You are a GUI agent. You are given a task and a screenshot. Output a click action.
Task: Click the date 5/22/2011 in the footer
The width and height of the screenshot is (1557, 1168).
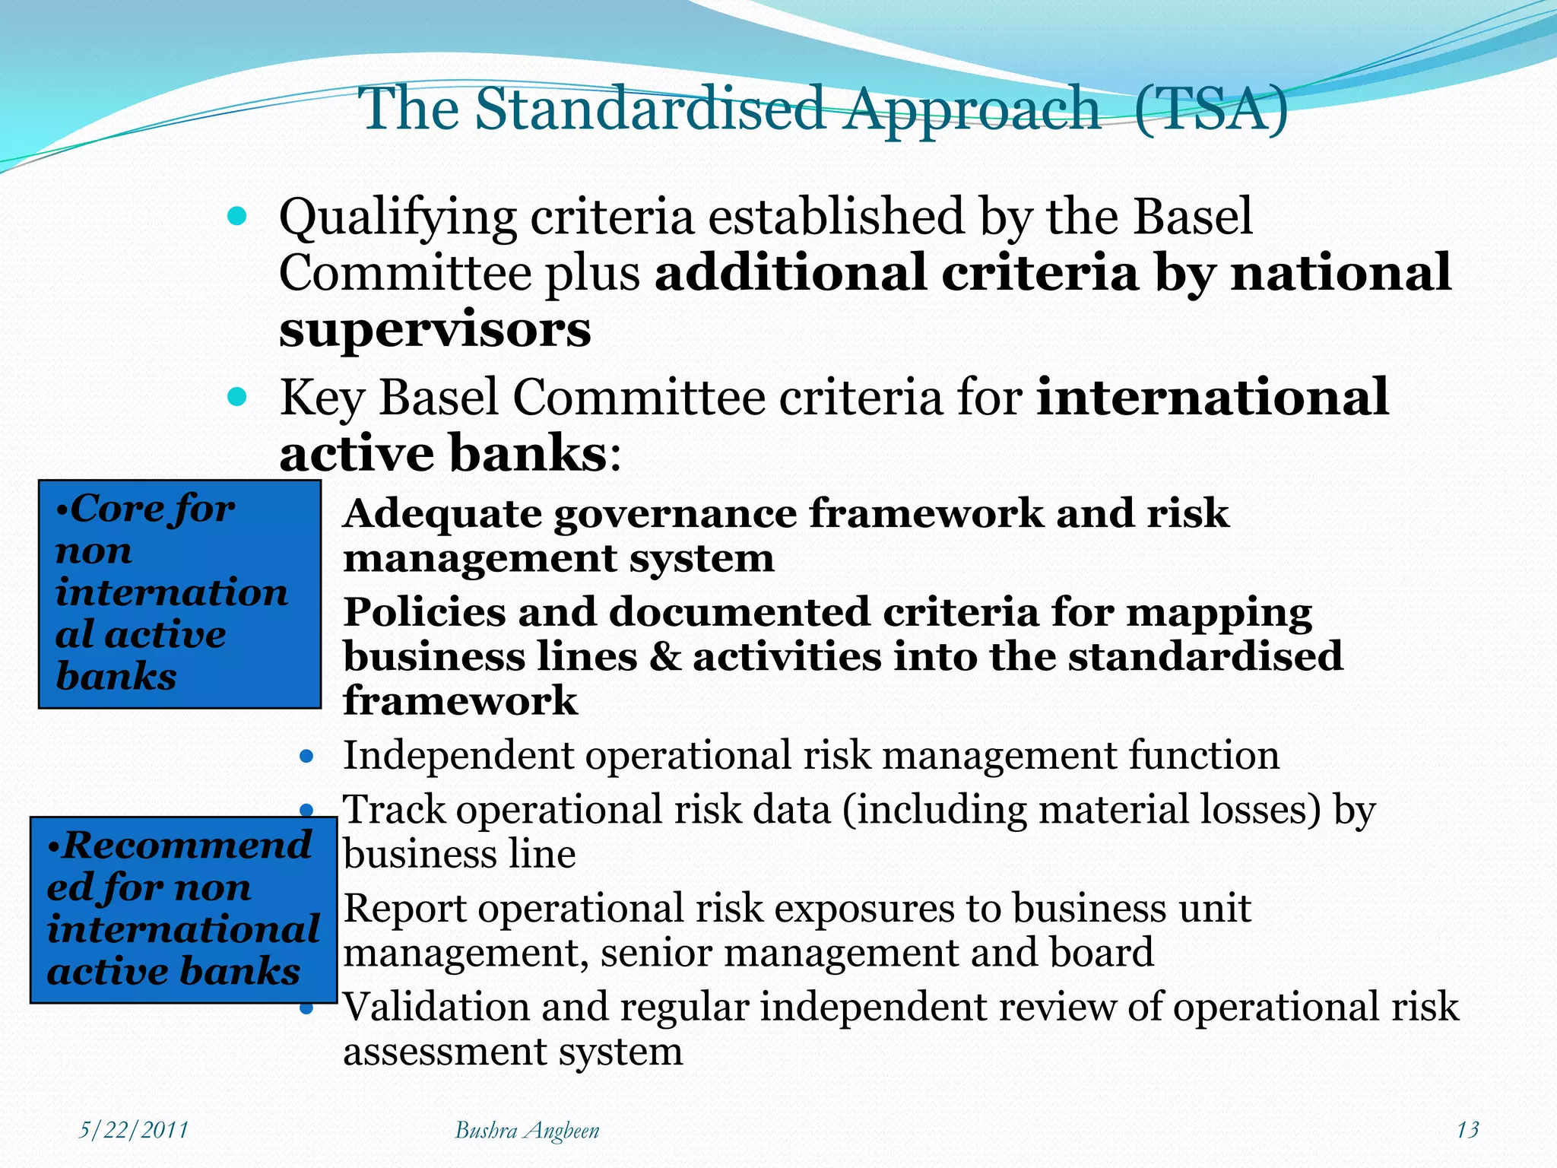pos(134,1130)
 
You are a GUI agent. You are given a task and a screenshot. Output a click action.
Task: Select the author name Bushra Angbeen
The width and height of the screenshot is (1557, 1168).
pos(527,1131)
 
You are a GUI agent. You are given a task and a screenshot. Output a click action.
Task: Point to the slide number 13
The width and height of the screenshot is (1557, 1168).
pos(1467,1130)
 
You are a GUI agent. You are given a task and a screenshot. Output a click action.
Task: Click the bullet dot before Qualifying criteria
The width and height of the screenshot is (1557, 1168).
pos(237,217)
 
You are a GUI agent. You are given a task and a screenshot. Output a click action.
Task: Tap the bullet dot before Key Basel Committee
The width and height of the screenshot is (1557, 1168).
pos(237,397)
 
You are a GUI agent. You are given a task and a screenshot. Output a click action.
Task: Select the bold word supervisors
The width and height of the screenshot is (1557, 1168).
pos(435,330)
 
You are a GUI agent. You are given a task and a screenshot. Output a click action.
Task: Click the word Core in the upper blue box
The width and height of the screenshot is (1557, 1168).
pos(115,509)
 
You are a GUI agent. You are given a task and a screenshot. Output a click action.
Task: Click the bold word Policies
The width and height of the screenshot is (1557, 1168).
pos(424,612)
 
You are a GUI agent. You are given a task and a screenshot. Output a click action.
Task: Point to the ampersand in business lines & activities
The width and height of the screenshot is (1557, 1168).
pos(665,657)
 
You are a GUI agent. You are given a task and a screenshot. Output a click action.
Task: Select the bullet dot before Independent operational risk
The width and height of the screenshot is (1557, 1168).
pos(306,757)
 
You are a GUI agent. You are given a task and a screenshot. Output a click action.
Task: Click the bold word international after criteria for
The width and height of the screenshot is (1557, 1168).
pos(1213,397)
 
